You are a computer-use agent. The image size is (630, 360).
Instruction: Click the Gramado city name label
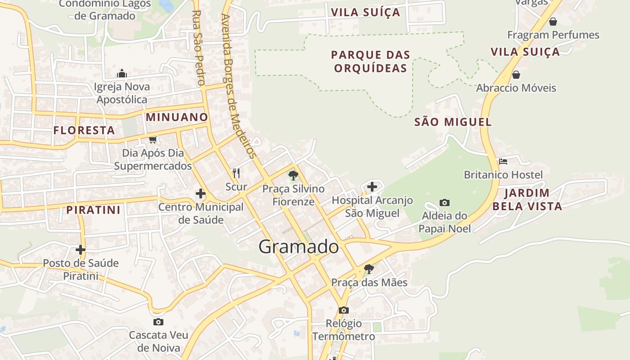click(x=298, y=247)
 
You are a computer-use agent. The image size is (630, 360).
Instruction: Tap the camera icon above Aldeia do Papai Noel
click(x=445, y=203)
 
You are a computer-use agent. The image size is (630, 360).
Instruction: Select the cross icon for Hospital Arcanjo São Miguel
click(x=372, y=186)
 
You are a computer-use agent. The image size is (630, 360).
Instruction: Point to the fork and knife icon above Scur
click(x=236, y=173)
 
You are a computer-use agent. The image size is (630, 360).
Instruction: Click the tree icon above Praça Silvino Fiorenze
click(x=293, y=175)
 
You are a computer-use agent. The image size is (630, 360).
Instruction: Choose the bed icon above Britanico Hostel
click(x=503, y=161)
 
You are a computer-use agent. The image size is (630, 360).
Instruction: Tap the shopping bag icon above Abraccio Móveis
click(x=516, y=75)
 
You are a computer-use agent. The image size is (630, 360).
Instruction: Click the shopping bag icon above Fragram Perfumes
click(x=553, y=22)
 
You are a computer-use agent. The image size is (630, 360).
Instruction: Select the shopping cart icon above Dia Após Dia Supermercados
click(x=153, y=140)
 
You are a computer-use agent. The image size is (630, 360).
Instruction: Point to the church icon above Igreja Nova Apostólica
click(x=121, y=74)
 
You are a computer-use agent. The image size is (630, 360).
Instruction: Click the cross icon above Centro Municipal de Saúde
click(x=201, y=194)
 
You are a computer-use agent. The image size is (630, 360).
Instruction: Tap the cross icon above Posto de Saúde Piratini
click(x=81, y=249)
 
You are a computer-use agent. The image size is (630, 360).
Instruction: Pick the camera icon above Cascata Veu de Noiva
click(x=158, y=322)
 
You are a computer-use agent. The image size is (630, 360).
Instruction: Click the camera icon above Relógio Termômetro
click(x=343, y=310)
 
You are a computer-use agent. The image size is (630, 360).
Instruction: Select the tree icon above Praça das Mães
click(x=369, y=269)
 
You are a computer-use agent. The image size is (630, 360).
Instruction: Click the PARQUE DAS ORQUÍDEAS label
click(x=370, y=62)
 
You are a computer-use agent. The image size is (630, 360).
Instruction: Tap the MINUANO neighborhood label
click(x=177, y=117)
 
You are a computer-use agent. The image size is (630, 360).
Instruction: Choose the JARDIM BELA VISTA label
click(x=527, y=200)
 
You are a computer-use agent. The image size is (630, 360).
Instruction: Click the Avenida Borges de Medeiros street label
click(x=238, y=85)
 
